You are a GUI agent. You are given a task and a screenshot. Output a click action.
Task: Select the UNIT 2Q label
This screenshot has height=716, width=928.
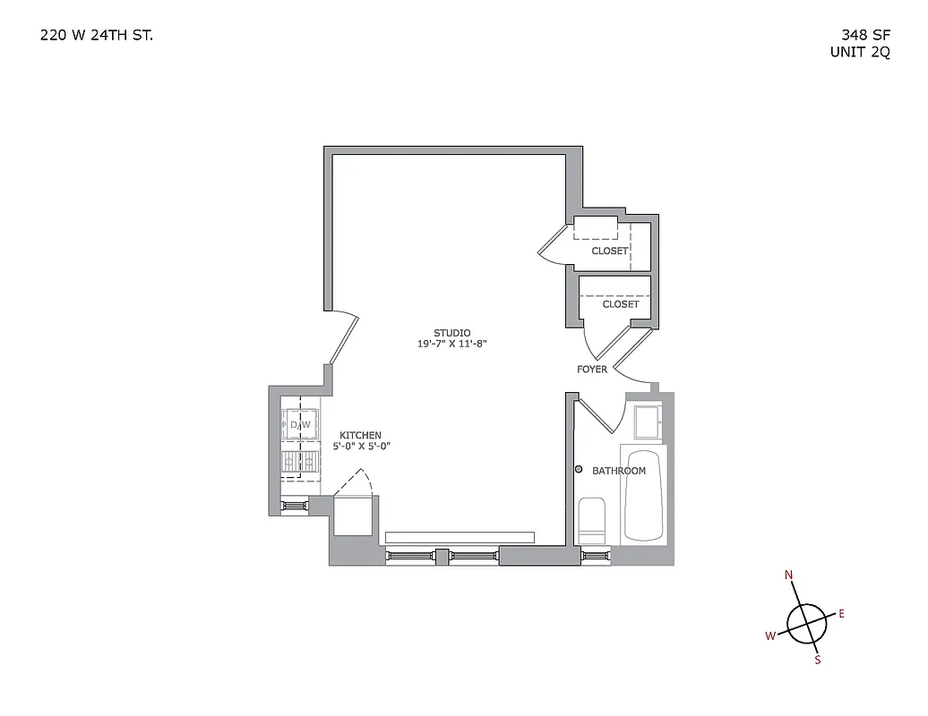click(860, 52)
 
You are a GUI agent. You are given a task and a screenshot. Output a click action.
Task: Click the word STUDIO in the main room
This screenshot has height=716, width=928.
click(452, 333)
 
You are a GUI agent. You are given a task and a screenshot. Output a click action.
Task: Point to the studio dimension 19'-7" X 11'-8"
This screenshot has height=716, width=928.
click(452, 344)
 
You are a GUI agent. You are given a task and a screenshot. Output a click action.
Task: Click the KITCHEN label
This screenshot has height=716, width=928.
click(360, 436)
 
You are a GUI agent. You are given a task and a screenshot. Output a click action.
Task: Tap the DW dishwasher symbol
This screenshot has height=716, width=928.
click(300, 424)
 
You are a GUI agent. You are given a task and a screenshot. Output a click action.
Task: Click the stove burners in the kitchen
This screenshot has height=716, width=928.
click(300, 462)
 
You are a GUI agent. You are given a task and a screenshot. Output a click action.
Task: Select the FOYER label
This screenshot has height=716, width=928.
click(592, 370)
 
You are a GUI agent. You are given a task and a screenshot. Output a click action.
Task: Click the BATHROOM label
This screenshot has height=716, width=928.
click(619, 471)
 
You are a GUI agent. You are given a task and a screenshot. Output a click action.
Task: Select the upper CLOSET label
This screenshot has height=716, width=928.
click(610, 251)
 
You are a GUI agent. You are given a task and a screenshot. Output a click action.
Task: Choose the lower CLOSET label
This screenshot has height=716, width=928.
click(621, 304)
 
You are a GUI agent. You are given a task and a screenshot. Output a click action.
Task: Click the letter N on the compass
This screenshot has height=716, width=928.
click(789, 575)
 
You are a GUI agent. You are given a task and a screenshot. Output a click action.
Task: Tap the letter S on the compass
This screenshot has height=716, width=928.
click(817, 661)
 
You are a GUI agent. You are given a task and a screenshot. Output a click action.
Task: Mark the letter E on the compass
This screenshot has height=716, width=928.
click(841, 614)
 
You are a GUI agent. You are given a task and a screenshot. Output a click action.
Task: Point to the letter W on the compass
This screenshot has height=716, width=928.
click(769, 636)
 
